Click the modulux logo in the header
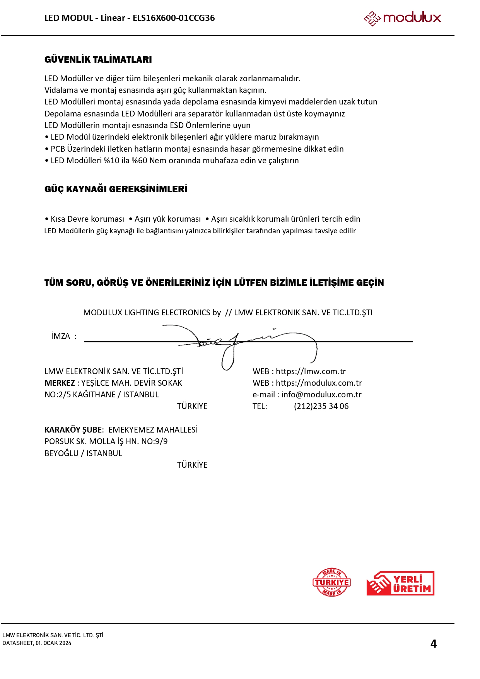point(402,18)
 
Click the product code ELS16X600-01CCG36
point(174,18)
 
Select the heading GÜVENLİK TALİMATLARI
point(98,60)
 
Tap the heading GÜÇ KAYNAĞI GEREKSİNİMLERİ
point(116,189)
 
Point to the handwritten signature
point(240,342)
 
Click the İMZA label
point(61,336)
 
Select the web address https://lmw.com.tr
point(311,371)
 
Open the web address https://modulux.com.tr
point(319,383)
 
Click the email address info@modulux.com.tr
point(321,395)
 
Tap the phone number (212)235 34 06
point(321,406)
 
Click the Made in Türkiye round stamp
point(331,582)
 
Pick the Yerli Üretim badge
point(400,583)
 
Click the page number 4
point(434,643)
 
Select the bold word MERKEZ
point(60,383)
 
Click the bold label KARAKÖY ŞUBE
point(73,430)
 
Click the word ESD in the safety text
point(177,125)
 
